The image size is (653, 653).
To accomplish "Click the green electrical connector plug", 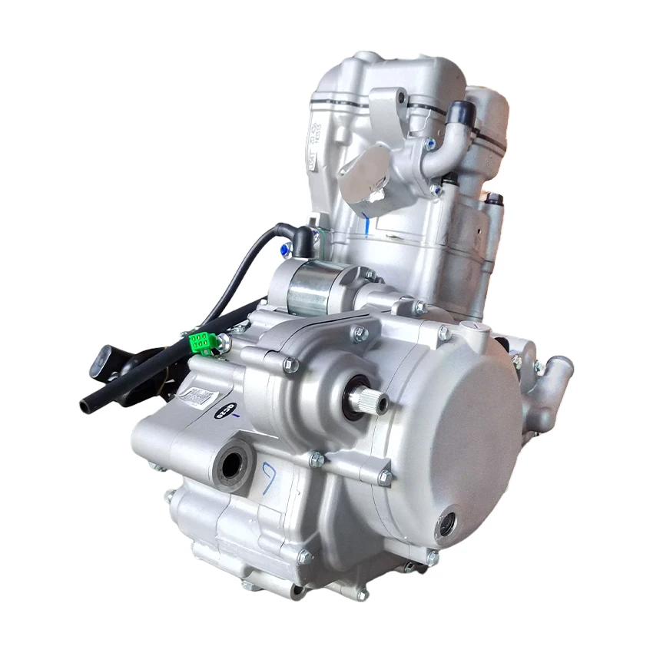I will (x=202, y=343).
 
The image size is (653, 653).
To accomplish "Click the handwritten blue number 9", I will (x=270, y=478).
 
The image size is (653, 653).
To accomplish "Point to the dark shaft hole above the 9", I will (x=233, y=462).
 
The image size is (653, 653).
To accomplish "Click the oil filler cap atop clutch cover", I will (x=475, y=330).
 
